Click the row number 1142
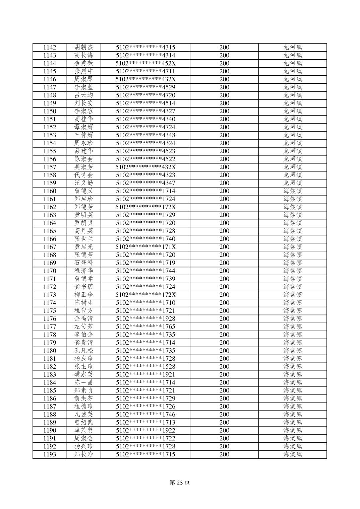click(x=50, y=48)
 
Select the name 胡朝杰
click(x=83, y=48)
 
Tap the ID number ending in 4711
click(x=145, y=71)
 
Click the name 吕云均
click(x=83, y=95)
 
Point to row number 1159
click(x=50, y=183)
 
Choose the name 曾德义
click(x=83, y=191)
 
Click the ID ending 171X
click(x=145, y=247)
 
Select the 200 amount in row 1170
click(x=224, y=271)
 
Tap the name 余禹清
click(x=83, y=319)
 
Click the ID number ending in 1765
click(x=145, y=327)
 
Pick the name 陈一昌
click(x=83, y=383)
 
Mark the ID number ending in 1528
click(x=145, y=367)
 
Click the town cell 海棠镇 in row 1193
click(x=293, y=454)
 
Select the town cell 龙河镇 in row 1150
click(x=293, y=111)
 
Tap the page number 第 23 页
click(x=180, y=483)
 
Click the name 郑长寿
click(x=83, y=454)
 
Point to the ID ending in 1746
click(x=145, y=415)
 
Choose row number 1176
click(x=50, y=319)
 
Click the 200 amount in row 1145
click(x=224, y=71)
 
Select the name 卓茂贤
click(x=83, y=431)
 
